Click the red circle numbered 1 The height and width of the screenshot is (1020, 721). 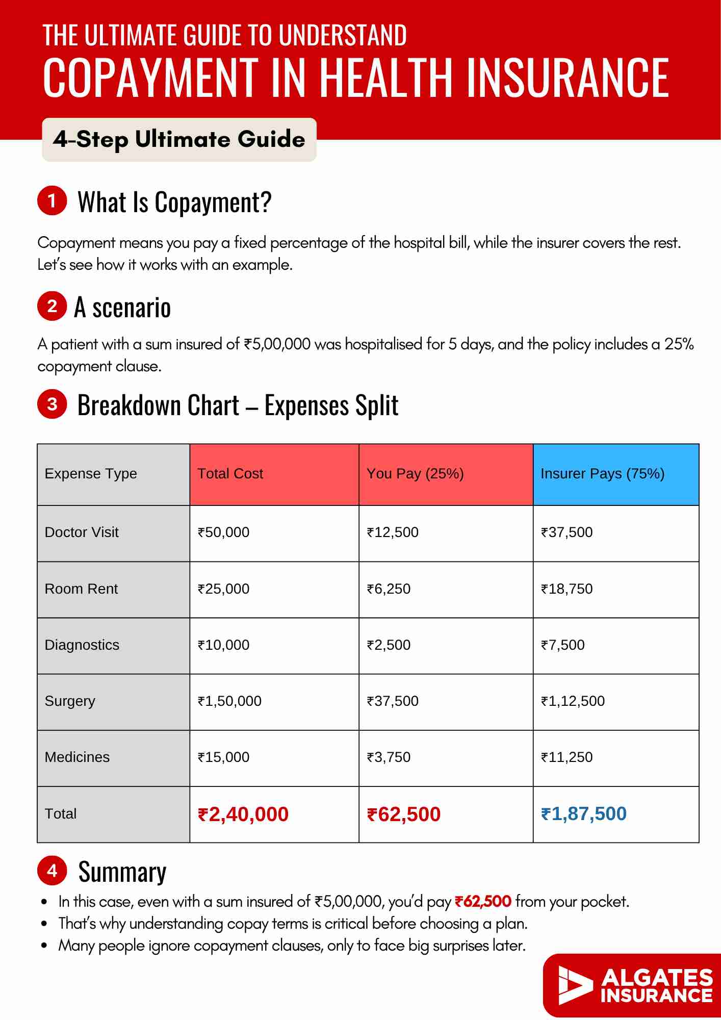(x=52, y=200)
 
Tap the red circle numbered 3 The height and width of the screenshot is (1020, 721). (x=52, y=404)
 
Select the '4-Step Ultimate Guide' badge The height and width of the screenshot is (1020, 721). (x=179, y=140)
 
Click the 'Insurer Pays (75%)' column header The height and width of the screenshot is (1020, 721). (x=602, y=474)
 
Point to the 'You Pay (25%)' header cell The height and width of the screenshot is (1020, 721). (x=415, y=474)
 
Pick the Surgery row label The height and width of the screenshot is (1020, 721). (x=70, y=701)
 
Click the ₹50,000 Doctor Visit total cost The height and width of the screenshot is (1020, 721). (x=223, y=532)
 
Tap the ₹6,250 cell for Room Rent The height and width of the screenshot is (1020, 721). (x=389, y=589)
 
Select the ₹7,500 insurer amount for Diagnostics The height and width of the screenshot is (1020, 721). (x=562, y=645)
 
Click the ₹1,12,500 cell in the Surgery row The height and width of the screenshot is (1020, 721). (x=573, y=701)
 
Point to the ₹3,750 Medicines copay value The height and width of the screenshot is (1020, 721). (x=389, y=757)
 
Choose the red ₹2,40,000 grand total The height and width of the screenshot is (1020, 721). (x=243, y=814)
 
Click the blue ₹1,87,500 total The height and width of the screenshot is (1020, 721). (x=584, y=814)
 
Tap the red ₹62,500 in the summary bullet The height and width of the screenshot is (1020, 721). (x=483, y=902)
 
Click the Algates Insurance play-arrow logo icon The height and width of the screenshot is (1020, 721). (x=575, y=985)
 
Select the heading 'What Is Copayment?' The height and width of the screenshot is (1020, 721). (x=174, y=202)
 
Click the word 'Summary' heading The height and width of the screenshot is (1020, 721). (x=122, y=872)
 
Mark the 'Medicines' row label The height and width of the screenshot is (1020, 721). (x=77, y=757)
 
